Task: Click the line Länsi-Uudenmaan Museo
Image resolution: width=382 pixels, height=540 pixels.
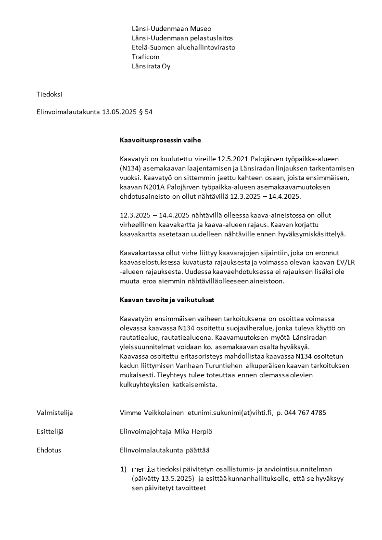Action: [171, 29]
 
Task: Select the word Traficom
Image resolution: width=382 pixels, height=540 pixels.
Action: [145, 57]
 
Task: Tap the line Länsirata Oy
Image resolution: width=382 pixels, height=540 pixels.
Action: [151, 66]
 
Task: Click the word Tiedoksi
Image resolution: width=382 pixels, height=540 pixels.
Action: [50, 94]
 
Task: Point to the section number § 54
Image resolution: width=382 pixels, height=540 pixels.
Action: [146, 112]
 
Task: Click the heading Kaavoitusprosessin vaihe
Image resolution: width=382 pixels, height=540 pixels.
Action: [160, 141]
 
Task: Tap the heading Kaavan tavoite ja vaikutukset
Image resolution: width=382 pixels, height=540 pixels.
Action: [167, 300]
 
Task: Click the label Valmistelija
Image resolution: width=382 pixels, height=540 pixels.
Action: [55, 412]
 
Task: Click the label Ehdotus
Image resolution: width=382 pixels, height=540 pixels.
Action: [49, 450]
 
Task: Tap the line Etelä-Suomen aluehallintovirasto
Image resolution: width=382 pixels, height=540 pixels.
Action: [183, 48]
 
